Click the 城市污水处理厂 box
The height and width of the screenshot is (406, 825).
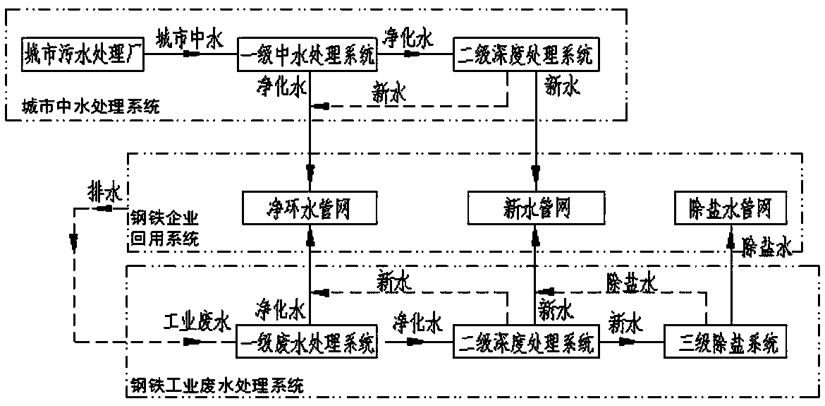[x=82, y=54]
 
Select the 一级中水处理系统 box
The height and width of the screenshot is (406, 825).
[x=307, y=54]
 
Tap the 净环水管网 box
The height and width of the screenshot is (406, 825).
[x=309, y=208]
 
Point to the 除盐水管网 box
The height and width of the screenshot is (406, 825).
[x=731, y=208]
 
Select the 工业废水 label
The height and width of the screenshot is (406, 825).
[x=197, y=323]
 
